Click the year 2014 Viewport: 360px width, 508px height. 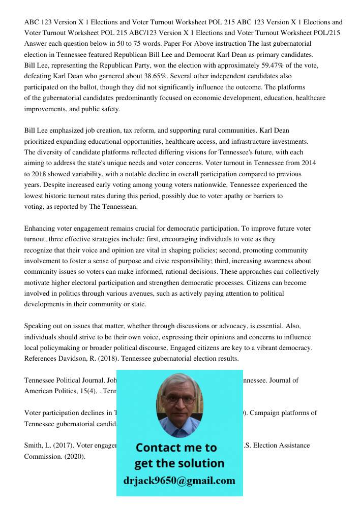click(x=307, y=163)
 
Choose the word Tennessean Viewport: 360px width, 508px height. click(x=115, y=206)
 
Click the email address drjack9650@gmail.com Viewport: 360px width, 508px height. click(x=179, y=481)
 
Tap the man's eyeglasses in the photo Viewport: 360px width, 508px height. click(x=179, y=399)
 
